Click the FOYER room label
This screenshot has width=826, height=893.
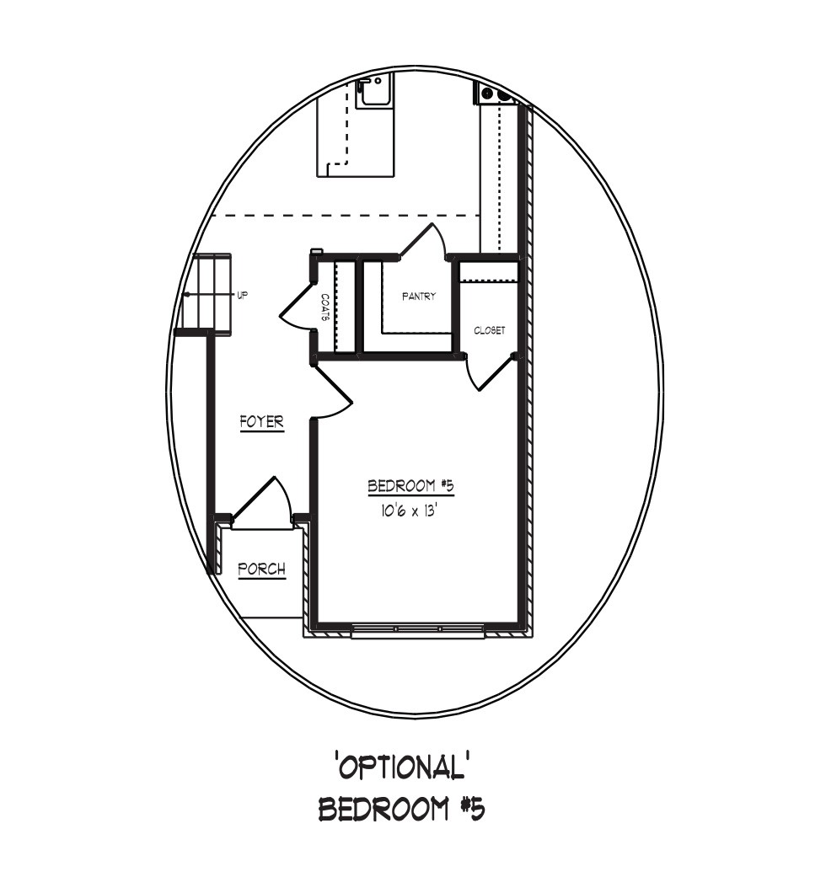(x=261, y=422)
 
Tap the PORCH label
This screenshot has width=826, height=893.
(x=261, y=569)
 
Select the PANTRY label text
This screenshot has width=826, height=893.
(x=419, y=297)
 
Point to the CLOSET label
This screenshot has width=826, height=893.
(x=490, y=330)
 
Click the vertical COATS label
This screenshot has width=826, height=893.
(x=325, y=308)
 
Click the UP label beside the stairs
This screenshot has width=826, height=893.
(x=242, y=296)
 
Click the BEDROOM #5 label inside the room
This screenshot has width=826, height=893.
(x=410, y=486)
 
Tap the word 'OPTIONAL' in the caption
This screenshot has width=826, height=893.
(x=402, y=766)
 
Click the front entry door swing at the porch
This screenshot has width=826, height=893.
(x=262, y=499)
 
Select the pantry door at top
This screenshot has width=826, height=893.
(x=425, y=240)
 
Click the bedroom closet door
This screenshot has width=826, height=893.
(x=491, y=373)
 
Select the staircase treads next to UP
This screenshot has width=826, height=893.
(x=209, y=295)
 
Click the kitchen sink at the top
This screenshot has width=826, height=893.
(x=373, y=94)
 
